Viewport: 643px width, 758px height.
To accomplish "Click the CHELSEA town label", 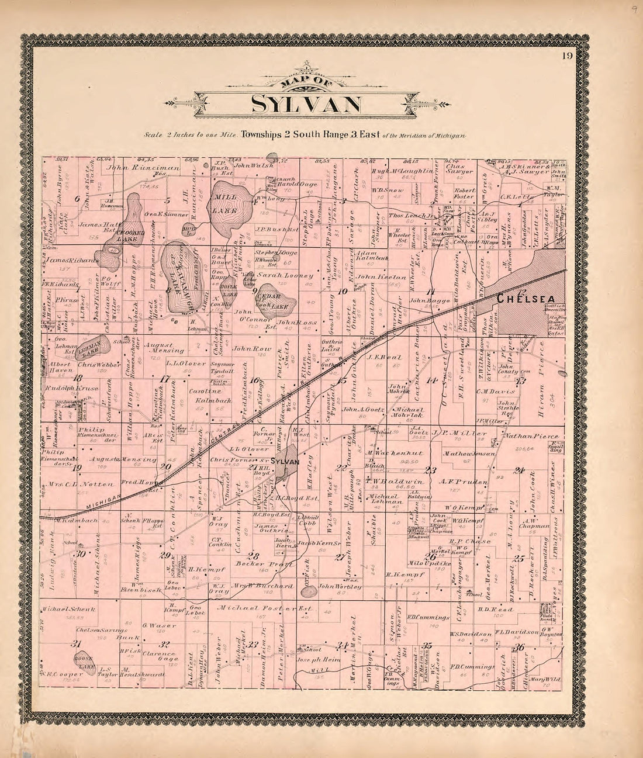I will point(526,299).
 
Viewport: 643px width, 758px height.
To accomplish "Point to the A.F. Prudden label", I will point(454,482).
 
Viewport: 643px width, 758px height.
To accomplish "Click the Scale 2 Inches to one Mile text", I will point(188,134).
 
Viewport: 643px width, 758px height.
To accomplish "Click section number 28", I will point(253,555).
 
